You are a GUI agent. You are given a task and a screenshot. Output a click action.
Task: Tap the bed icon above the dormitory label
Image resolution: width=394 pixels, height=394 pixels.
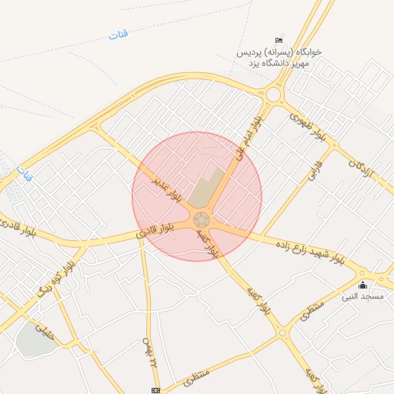(x=279, y=40)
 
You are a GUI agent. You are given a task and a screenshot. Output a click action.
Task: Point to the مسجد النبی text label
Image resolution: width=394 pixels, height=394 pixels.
(x=367, y=296)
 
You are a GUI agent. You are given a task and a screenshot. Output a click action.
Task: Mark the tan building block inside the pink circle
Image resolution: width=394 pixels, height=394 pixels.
(x=206, y=189)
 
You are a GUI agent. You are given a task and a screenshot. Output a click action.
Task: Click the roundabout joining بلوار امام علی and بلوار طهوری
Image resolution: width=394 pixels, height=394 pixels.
(x=272, y=95)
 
